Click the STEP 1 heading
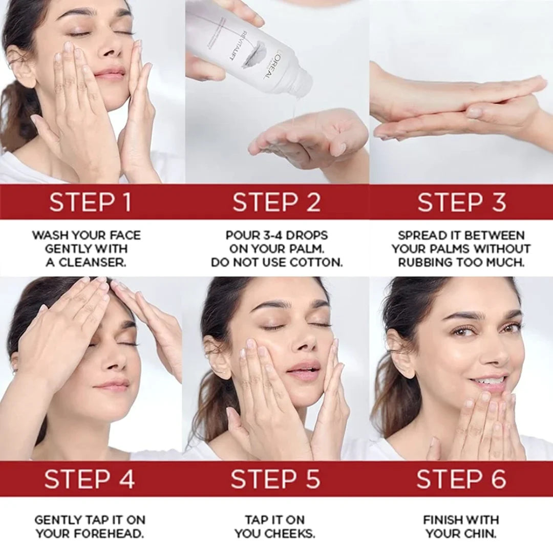click(90, 202)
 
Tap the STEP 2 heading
click(276, 202)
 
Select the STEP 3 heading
click(461, 202)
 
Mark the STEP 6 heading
click(461, 479)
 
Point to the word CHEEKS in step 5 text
click(292, 534)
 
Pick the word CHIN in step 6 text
click(480, 534)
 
